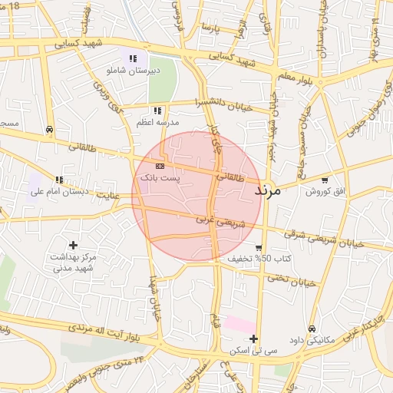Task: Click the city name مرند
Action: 268,190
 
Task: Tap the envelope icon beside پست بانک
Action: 160,166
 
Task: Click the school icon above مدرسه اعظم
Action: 157,111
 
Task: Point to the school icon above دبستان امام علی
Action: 59,180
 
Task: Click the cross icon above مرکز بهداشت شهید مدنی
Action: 73,245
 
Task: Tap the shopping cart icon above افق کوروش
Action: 324,180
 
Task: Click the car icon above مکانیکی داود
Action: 311,328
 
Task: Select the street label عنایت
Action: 108,196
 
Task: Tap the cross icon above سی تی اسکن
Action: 253,339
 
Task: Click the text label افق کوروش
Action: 329,191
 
